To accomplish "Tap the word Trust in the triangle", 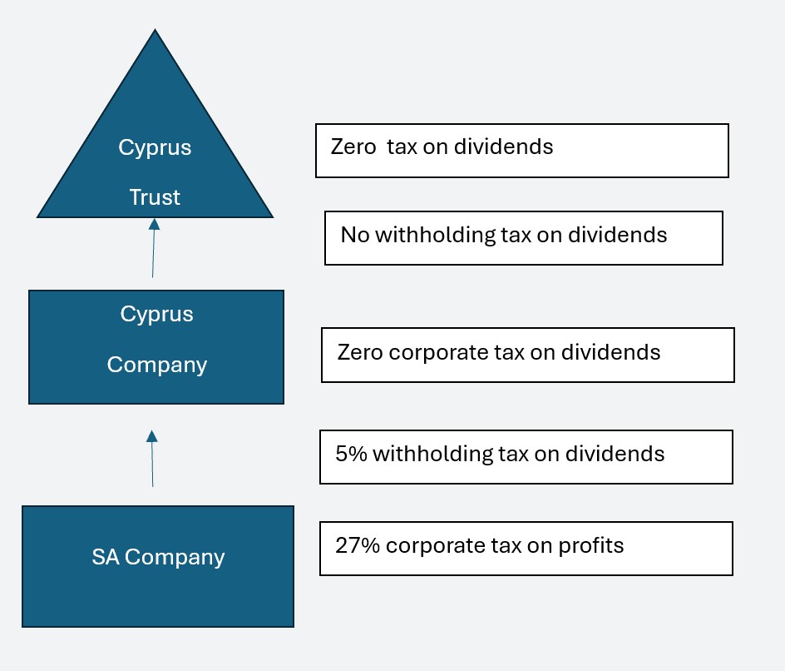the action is tap(155, 197).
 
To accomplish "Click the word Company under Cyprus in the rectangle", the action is tap(156, 365).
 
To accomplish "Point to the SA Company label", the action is tap(158, 558).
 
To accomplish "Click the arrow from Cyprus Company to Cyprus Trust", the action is tap(154, 248).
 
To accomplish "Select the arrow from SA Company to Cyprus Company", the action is tap(152, 459).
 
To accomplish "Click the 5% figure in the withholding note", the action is tap(351, 454).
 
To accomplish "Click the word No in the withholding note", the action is tap(355, 235).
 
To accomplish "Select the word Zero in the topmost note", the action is tap(353, 147).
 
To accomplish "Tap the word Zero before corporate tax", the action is tap(360, 352).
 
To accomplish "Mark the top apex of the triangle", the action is tap(156, 30).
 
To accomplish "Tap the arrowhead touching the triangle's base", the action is tap(154, 224).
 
